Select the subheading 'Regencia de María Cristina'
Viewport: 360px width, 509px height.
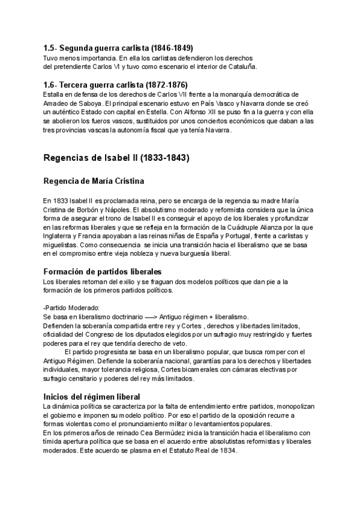(94, 181)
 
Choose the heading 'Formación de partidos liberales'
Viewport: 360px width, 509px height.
(103, 272)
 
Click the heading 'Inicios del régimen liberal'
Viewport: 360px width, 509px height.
(92, 397)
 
